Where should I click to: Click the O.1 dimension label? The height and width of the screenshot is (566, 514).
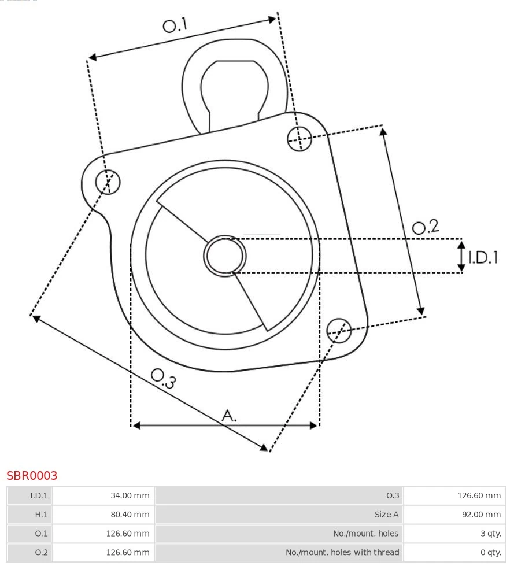[x=175, y=25]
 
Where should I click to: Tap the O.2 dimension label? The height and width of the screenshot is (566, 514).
[x=425, y=227]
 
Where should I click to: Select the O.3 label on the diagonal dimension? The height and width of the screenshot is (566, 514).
[x=163, y=378]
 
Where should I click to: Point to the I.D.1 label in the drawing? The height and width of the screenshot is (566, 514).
[x=483, y=257]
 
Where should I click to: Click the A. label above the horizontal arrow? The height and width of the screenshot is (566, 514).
[x=230, y=415]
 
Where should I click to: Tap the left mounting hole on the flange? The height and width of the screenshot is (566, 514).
[x=108, y=182]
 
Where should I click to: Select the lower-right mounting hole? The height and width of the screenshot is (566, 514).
[x=339, y=330]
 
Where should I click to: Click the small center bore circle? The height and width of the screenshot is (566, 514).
[x=224, y=256]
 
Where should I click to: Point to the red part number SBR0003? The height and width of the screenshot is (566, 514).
[x=32, y=476]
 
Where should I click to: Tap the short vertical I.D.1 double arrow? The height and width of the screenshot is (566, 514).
[x=461, y=257]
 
